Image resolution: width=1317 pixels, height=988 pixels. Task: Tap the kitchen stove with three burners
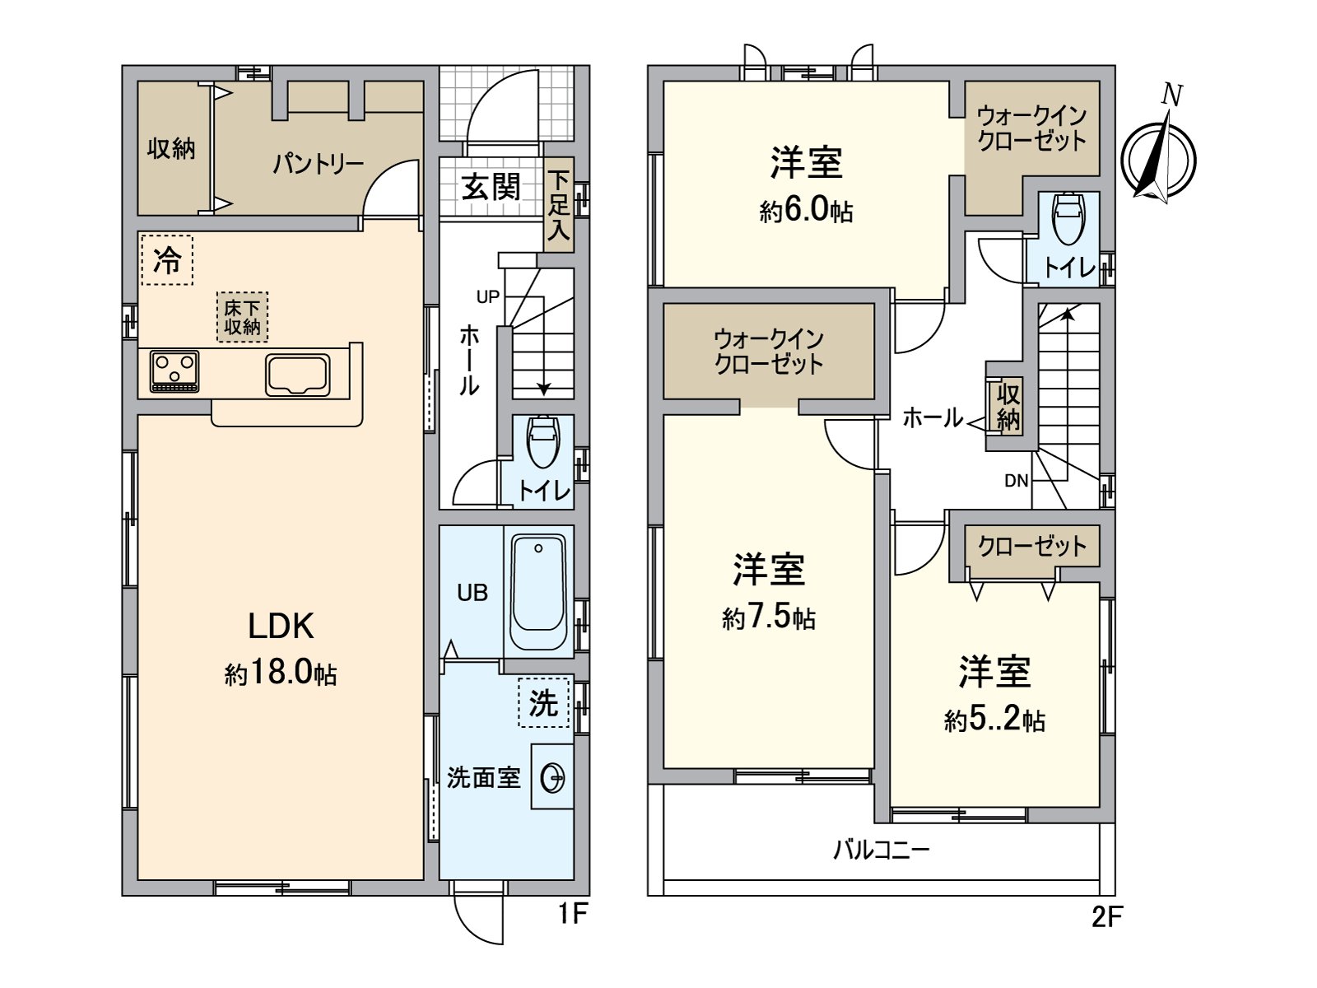coord(175,370)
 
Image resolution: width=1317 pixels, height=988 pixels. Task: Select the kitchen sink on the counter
coord(298,375)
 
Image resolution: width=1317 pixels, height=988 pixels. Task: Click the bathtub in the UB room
coord(538,592)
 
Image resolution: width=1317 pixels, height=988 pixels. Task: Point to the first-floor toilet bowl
coord(542,441)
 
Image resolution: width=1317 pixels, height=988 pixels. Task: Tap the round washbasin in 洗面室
coord(552,778)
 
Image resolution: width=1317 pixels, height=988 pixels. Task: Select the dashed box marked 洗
coord(543,701)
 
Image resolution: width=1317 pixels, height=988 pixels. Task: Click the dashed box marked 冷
coord(167,259)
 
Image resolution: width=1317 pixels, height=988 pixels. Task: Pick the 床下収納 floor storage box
coord(242,317)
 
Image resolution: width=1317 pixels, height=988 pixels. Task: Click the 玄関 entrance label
coord(491,187)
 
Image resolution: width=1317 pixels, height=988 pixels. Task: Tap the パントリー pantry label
coord(318,164)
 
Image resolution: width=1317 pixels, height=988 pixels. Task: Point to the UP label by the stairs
coord(488,296)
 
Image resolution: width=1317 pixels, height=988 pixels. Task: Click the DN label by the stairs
coord(1017,481)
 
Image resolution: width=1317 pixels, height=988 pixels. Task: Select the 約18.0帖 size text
coord(281,673)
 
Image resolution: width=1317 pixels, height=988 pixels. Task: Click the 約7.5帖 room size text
coord(769,617)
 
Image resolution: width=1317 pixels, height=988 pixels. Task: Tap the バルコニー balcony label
coord(882,850)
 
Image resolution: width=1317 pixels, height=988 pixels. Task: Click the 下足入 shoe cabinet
coord(559,205)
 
